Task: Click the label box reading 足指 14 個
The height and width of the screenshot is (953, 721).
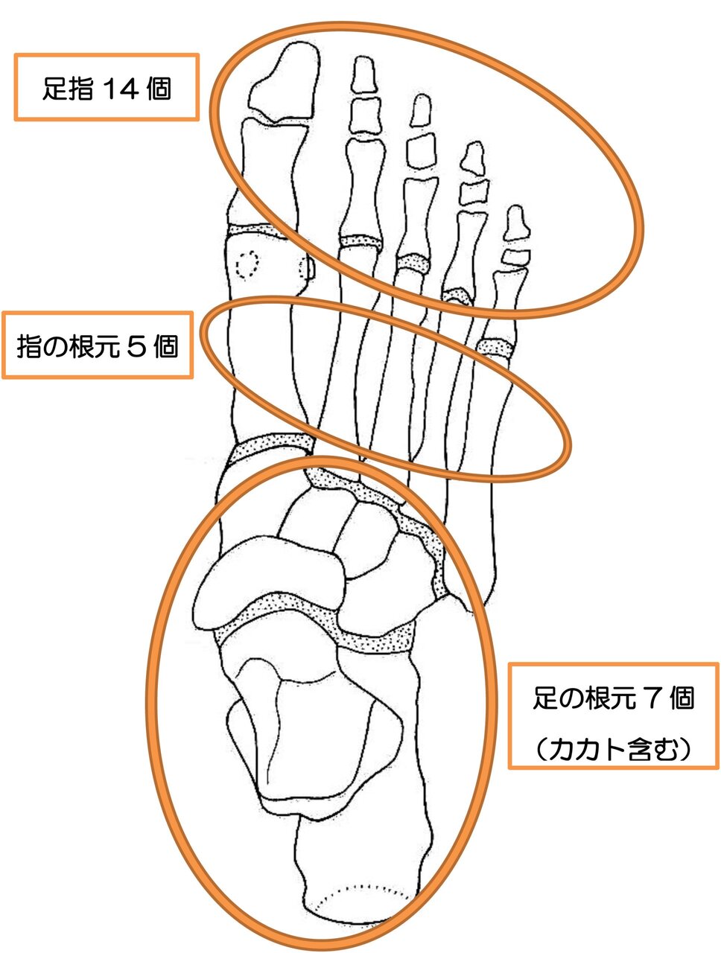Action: pos(107,87)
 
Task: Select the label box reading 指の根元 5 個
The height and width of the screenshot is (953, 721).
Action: pos(98,345)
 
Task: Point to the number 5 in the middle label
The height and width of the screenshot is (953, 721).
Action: pos(136,346)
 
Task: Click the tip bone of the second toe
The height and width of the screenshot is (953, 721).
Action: pos(363,74)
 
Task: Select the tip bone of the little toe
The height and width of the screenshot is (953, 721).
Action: pos(515,223)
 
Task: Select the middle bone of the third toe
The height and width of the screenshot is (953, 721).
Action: pos(422,150)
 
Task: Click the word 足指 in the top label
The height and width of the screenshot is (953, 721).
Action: pos(67,89)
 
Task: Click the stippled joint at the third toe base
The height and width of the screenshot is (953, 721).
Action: pos(412,262)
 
